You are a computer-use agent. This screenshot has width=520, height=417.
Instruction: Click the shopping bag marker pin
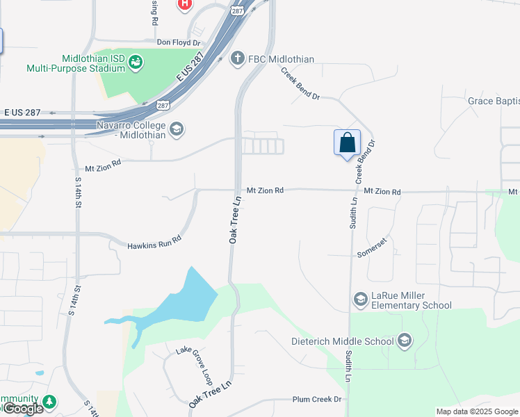(347, 143)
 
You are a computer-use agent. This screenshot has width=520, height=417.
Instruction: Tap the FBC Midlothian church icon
(237, 58)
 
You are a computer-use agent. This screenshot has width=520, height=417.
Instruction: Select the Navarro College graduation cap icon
(177, 129)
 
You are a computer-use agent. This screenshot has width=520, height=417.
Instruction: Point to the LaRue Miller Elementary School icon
(360, 300)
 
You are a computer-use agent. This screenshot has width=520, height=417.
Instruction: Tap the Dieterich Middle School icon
(405, 341)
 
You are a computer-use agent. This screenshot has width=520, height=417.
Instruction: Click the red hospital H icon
(184, 4)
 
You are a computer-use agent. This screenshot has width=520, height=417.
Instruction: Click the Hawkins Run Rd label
(154, 242)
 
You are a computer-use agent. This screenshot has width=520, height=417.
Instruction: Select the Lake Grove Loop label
(194, 361)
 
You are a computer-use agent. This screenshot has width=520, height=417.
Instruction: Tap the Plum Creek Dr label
(318, 399)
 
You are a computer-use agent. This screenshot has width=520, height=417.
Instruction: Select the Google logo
(22, 409)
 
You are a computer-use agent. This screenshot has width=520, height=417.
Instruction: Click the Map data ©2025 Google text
(477, 411)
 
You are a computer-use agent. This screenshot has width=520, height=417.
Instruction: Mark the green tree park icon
(49, 401)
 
